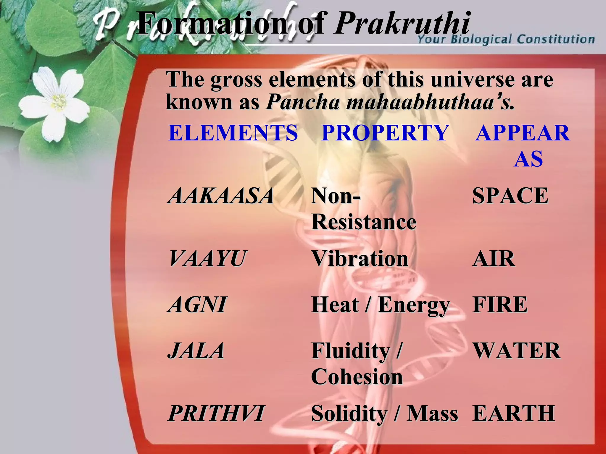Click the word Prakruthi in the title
pos(402,23)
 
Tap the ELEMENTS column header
pos(233,133)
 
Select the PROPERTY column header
pos(385,133)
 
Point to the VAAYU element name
pos(207,259)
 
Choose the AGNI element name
pos(197,304)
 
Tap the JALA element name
pos(196,351)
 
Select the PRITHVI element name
pos(216,413)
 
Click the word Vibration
pos(360,259)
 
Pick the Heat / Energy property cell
pos(381,305)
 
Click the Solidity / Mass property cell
pos(384,413)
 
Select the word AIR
pos(494,259)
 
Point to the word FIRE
pos(500,304)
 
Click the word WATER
pos(517,351)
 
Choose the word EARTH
pos(514,413)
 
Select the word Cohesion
pos(357,377)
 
